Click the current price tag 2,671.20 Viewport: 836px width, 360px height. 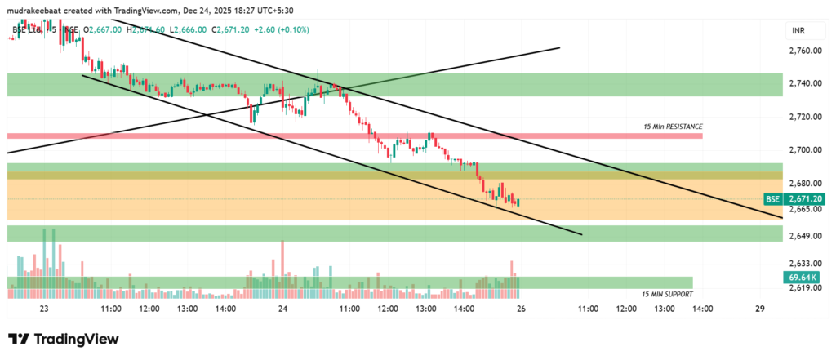click(x=804, y=199)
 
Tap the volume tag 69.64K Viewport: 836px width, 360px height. click(x=804, y=278)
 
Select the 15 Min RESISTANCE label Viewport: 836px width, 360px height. click(x=673, y=127)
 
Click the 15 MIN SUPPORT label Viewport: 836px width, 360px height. click(x=667, y=294)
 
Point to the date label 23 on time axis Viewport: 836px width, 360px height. click(x=43, y=309)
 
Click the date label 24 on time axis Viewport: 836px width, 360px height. click(x=282, y=309)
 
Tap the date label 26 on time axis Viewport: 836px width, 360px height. click(x=520, y=309)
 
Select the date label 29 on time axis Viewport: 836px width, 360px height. click(x=759, y=309)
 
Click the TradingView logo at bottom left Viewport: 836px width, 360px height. click(x=64, y=339)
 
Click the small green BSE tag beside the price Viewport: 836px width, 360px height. click(x=772, y=199)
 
